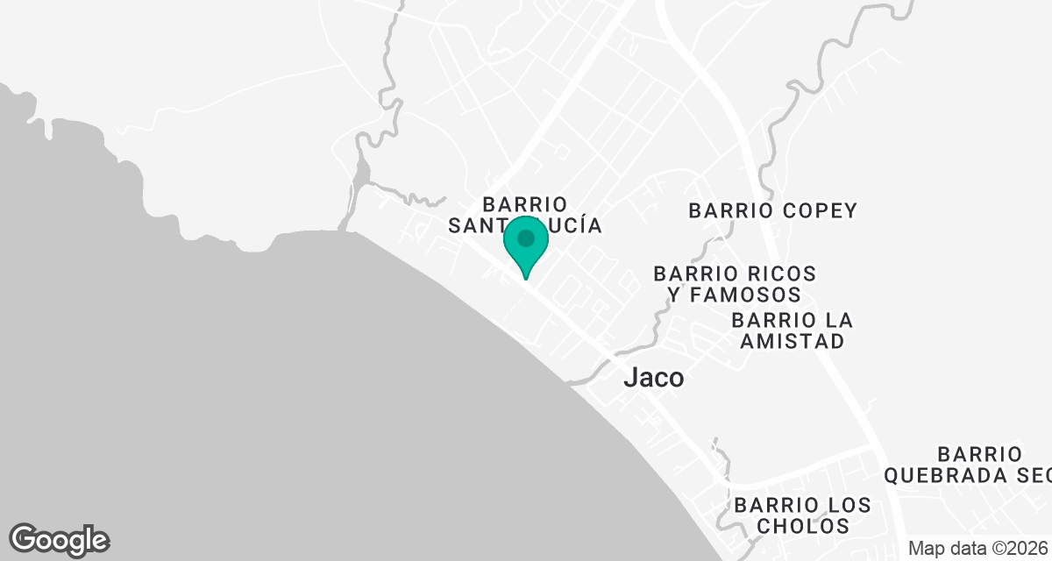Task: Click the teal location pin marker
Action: coord(525,245)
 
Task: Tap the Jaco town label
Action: coord(653,378)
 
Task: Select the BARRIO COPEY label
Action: coord(772,210)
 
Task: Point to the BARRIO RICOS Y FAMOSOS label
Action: coord(735,284)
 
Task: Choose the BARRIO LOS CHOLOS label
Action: coord(803,515)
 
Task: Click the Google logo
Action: coord(59,539)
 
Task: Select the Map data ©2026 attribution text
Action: coord(977,549)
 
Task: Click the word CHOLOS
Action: coord(803,526)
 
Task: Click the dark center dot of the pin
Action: coord(525,238)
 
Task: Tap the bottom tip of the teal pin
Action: coord(525,278)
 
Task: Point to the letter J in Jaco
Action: coord(629,378)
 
